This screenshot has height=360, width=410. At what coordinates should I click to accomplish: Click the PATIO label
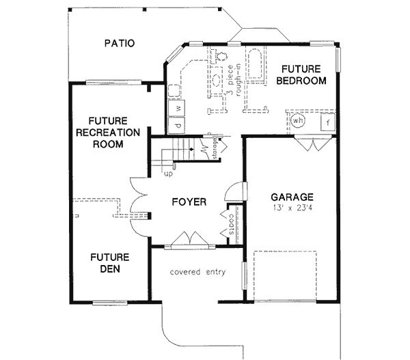click(x=119, y=44)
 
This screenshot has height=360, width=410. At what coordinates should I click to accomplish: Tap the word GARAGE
click(x=291, y=197)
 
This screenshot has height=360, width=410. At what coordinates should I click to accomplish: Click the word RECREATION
click(x=109, y=133)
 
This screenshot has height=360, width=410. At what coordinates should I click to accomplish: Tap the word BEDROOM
click(x=301, y=81)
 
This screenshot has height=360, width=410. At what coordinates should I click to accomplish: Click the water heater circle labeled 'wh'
click(x=299, y=121)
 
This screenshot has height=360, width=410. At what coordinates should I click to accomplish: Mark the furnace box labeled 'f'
click(x=328, y=122)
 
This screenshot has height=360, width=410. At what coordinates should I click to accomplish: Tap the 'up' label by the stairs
click(x=167, y=174)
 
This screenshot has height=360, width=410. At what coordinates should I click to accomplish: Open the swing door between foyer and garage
click(x=234, y=192)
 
